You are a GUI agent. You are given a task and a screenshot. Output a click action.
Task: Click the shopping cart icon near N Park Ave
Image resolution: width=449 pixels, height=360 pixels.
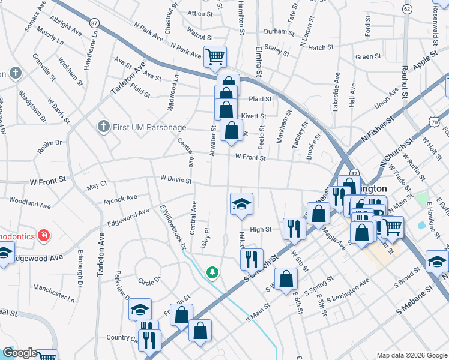click(215, 58)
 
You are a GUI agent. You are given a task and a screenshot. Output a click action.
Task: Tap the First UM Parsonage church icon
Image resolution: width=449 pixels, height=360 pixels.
click(103, 127)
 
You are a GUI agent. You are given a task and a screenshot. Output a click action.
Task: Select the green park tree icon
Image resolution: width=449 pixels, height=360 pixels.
click(212, 273)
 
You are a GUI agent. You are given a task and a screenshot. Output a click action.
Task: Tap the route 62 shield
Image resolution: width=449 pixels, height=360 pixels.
click(407, 9)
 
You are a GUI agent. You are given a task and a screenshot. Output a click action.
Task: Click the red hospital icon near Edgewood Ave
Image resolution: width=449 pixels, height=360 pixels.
click(43, 235)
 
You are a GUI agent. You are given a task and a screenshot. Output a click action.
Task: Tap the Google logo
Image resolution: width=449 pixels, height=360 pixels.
click(20, 353)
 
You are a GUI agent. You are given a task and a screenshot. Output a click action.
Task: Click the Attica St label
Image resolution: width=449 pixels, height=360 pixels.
click(200, 13)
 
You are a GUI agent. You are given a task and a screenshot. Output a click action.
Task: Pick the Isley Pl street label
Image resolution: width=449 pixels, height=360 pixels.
click(207, 238)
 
